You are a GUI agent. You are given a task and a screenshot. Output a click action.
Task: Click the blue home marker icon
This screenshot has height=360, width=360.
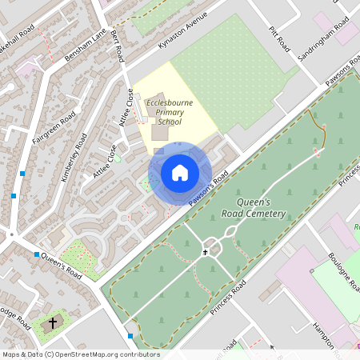179,173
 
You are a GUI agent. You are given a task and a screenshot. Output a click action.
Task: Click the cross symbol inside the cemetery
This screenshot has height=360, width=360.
206,253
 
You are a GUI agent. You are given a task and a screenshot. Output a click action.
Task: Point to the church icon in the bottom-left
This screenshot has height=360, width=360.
54,323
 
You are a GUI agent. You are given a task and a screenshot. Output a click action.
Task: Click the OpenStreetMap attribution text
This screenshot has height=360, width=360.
80,354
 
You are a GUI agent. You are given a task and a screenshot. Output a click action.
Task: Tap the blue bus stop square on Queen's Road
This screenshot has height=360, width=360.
37,254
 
